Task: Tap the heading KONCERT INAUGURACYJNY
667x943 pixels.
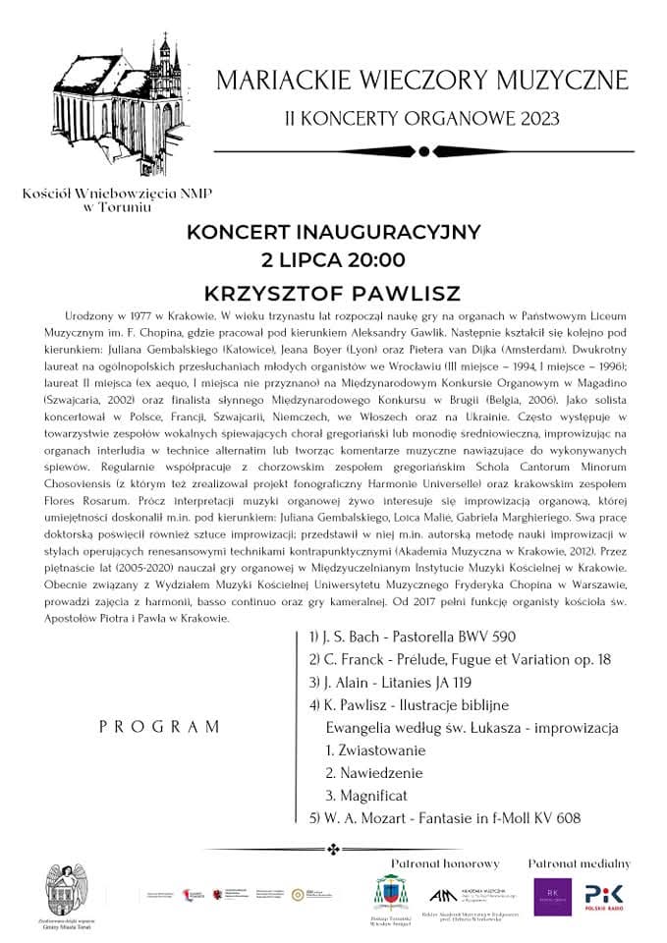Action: click(x=334, y=233)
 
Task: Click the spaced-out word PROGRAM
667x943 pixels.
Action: click(x=160, y=727)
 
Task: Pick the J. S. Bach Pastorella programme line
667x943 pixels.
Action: click(x=412, y=637)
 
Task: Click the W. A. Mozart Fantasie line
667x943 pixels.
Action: click(x=445, y=818)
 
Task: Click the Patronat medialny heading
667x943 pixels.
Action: click(x=580, y=862)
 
